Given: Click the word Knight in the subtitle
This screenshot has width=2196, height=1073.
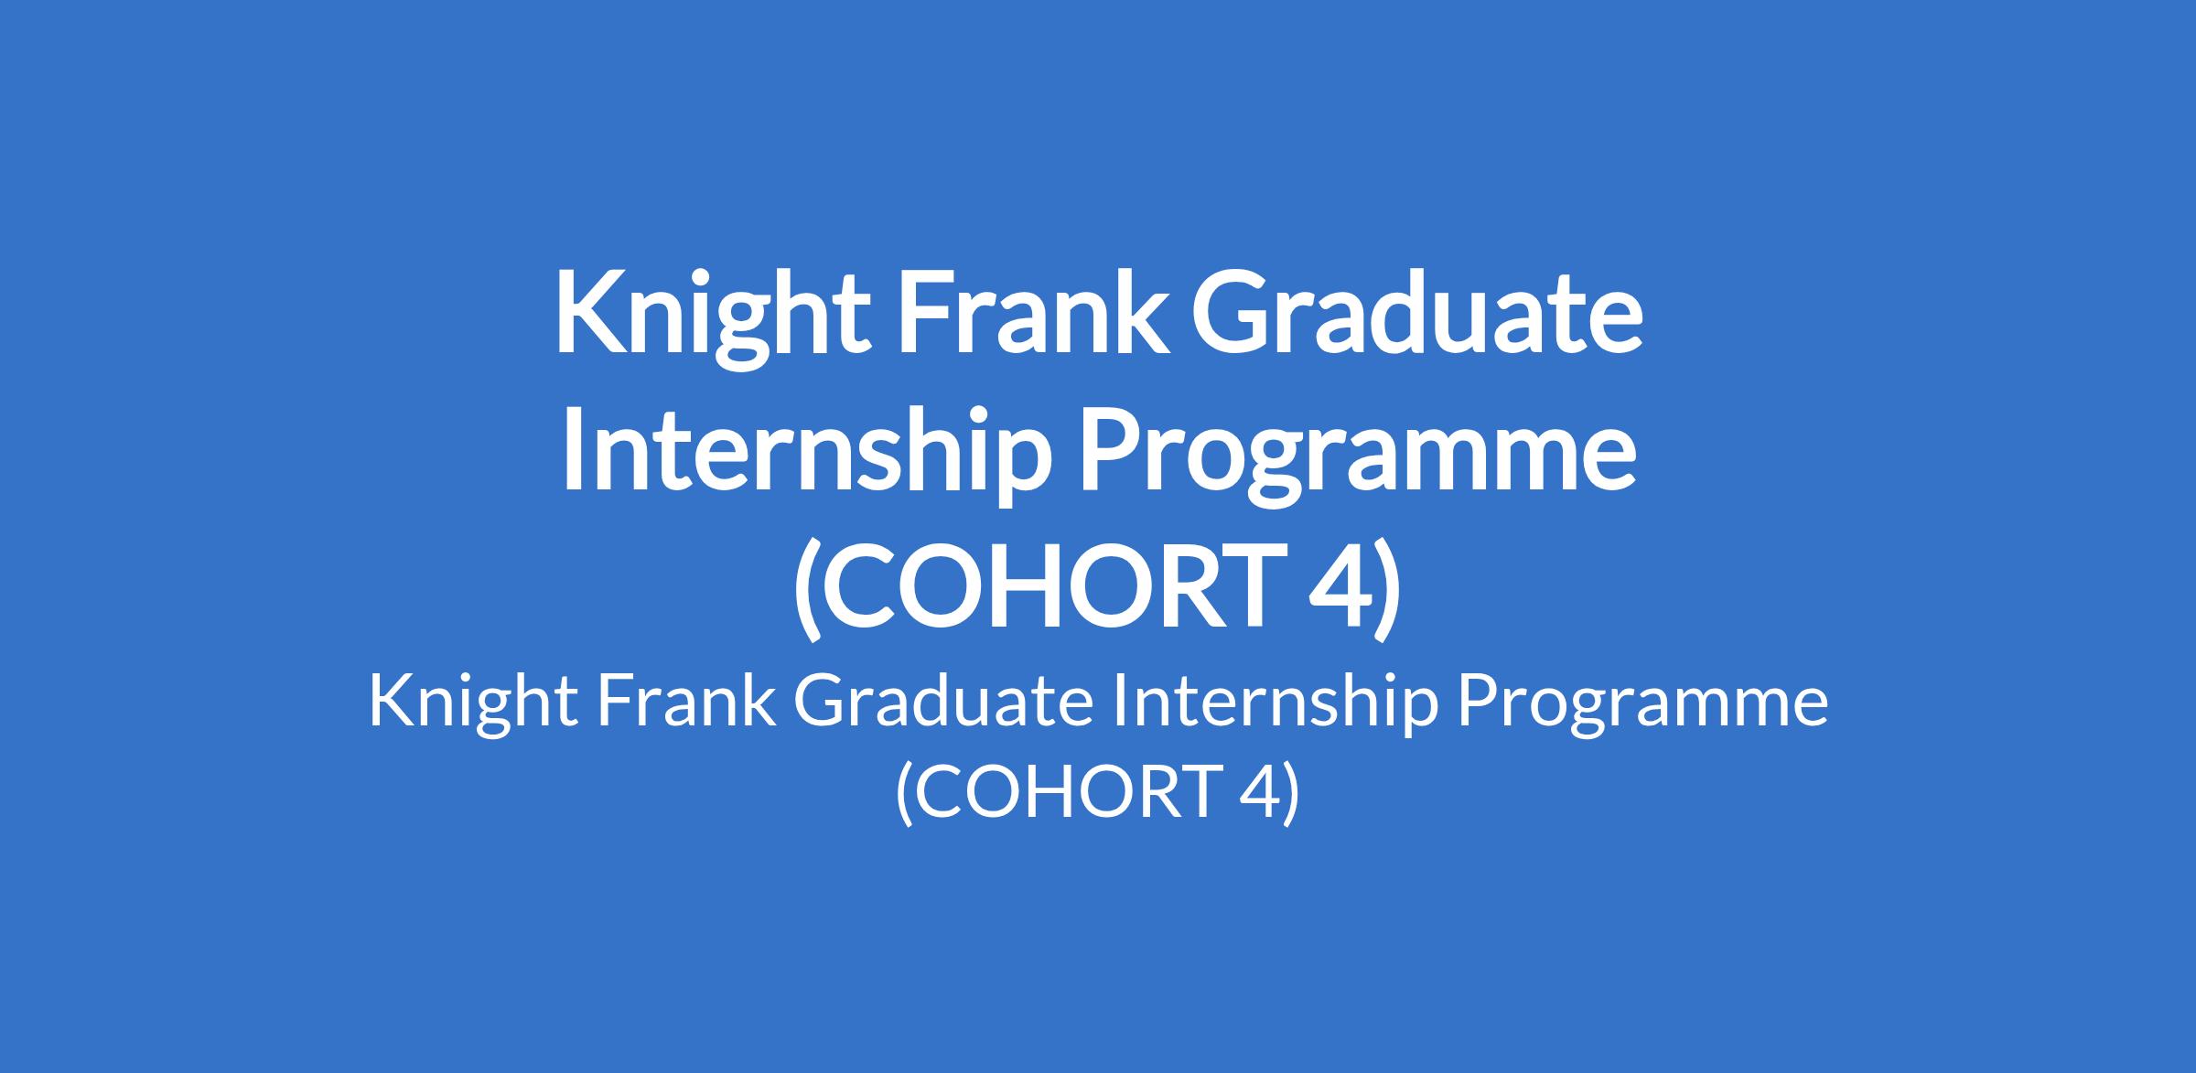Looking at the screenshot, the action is point(473,709).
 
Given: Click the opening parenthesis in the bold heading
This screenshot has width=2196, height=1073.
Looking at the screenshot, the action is point(806,591).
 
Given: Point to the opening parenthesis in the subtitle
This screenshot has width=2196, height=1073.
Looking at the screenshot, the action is point(905,793).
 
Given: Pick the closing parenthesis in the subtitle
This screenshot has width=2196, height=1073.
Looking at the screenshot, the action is point(1291,793).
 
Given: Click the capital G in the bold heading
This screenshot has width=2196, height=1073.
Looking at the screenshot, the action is point(1238,311).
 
